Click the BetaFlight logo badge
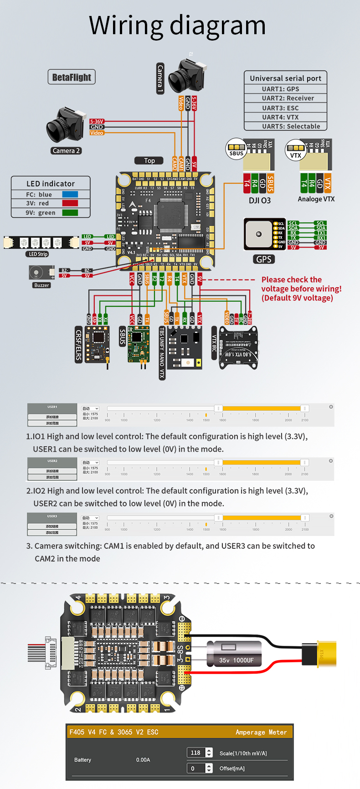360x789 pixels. [x=72, y=77]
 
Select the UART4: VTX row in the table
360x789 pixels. [x=286, y=117]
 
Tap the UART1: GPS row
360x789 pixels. [x=286, y=89]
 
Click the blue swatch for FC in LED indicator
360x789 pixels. [x=70, y=195]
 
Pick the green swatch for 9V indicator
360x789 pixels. [x=70, y=212]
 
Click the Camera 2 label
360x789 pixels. [x=66, y=151]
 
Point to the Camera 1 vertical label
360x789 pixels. [x=160, y=79]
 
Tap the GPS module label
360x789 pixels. [x=263, y=259]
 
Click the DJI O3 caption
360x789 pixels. [x=260, y=201]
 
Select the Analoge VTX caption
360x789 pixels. [x=316, y=199]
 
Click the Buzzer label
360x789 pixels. [x=41, y=285]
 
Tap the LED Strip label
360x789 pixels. [x=38, y=254]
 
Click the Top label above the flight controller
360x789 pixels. [x=149, y=160]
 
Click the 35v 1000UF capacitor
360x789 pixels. [x=236, y=655]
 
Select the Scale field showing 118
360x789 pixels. [x=196, y=753]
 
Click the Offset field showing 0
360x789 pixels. [x=196, y=768]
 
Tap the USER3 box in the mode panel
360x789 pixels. [x=52, y=516]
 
